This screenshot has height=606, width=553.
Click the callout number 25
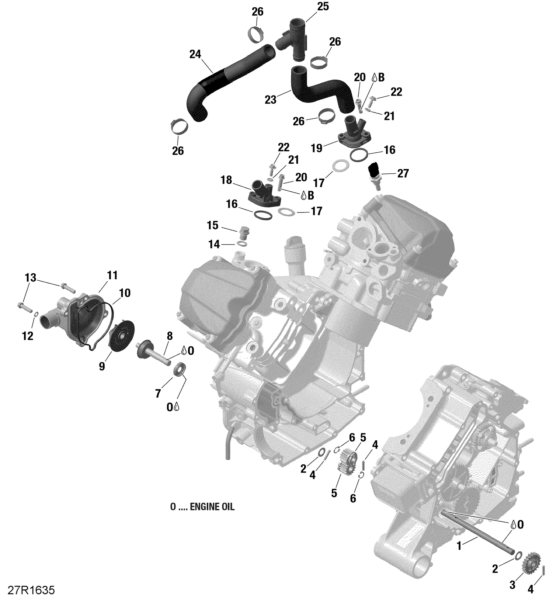click(x=323, y=7)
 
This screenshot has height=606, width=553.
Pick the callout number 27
click(x=403, y=173)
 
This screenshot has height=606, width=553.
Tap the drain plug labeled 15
click(x=243, y=233)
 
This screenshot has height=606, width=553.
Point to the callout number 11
click(x=112, y=275)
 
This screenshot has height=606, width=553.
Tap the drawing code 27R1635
click(x=31, y=590)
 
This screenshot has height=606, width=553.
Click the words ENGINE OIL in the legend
click(x=212, y=507)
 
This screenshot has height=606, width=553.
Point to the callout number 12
click(x=28, y=336)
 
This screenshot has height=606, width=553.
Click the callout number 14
click(x=214, y=244)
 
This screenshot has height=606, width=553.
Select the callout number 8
click(x=169, y=336)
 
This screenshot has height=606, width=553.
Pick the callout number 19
click(x=316, y=148)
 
